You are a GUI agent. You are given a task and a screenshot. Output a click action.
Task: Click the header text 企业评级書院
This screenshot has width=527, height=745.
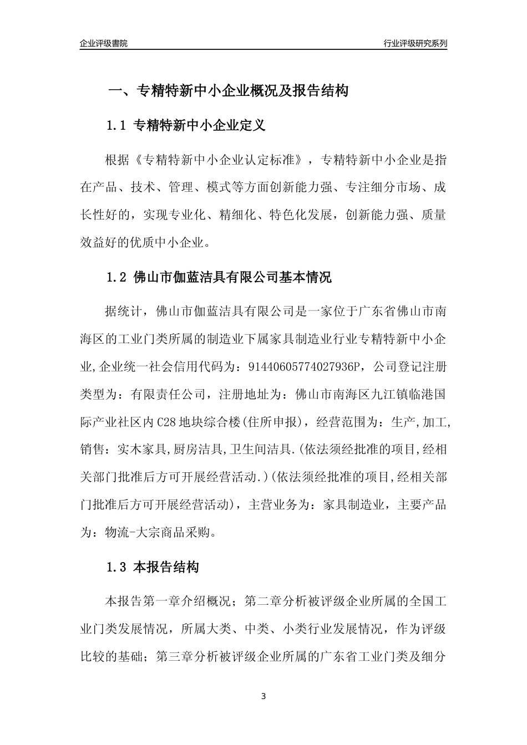[104, 43]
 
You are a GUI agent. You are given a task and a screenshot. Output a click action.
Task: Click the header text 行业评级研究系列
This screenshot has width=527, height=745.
[415, 43]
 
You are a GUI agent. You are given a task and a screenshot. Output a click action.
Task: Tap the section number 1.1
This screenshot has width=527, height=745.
[117, 126]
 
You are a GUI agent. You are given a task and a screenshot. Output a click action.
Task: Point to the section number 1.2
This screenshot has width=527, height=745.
[117, 277]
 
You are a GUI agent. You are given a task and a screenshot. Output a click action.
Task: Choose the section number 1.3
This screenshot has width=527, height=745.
[117, 568]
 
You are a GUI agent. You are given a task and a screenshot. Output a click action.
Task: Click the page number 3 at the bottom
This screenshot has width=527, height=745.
[263, 696]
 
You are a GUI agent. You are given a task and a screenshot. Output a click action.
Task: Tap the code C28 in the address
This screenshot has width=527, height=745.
[168, 422]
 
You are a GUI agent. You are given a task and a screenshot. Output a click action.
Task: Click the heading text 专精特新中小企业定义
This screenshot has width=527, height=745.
[200, 126]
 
